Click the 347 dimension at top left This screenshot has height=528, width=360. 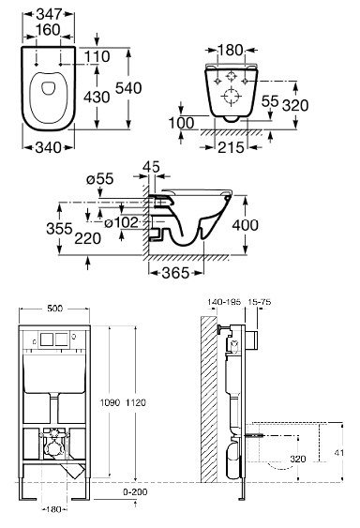coord(49,14)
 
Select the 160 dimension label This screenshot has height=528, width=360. coord(48,30)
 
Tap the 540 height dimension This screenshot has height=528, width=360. coord(128,88)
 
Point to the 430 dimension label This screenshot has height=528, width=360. coord(97,97)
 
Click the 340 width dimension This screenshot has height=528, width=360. coord(49,147)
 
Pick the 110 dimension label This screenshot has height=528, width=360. coord(97,56)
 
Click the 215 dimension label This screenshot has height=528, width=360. coord(231,147)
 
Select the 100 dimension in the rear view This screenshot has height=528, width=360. coord(182,123)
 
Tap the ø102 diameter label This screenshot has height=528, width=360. coord(121,222)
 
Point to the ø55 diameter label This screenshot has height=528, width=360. coord(100,179)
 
